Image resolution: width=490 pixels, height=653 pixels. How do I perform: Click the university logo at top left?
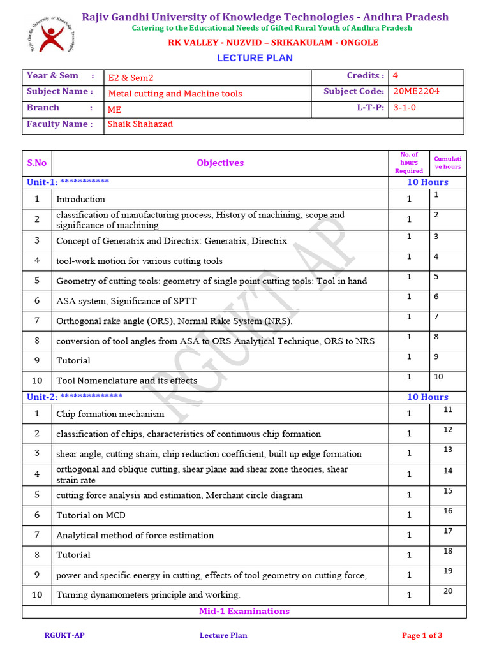(x=49, y=34)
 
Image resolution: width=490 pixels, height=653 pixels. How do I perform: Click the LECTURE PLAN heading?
(x=255, y=58)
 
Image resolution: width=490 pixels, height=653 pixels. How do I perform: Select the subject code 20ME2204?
(x=416, y=91)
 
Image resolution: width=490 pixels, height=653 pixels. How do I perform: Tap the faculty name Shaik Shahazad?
(x=140, y=124)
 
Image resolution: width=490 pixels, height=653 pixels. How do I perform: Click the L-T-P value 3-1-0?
(x=405, y=108)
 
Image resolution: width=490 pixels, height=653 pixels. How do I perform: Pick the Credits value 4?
(x=396, y=75)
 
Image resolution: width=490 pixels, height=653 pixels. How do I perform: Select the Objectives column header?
(x=220, y=163)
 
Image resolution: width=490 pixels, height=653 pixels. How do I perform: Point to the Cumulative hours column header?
(x=447, y=163)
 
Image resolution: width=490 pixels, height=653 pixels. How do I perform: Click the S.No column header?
(x=37, y=163)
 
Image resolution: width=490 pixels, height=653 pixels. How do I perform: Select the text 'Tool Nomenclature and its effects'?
(x=126, y=381)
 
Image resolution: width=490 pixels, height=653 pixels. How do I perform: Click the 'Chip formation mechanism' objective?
(x=110, y=414)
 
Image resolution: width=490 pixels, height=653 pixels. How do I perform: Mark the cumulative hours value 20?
(x=448, y=591)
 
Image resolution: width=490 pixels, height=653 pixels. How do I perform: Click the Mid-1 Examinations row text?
(x=244, y=611)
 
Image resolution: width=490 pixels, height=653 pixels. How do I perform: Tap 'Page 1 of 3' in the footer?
(x=422, y=635)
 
